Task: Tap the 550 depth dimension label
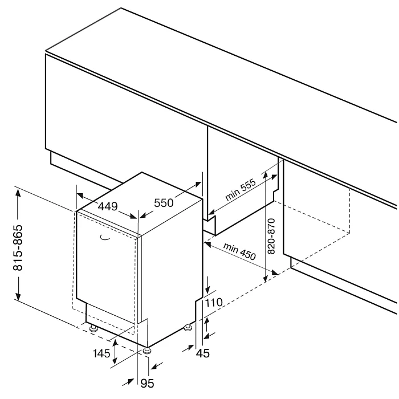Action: [163, 202]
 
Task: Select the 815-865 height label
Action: [18, 245]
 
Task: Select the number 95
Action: [147, 384]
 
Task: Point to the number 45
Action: [202, 353]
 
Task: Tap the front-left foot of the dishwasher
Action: [92, 329]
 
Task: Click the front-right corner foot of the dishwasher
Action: [148, 351]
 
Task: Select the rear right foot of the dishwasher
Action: [188, 328]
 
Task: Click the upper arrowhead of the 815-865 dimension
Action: [18, 192]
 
